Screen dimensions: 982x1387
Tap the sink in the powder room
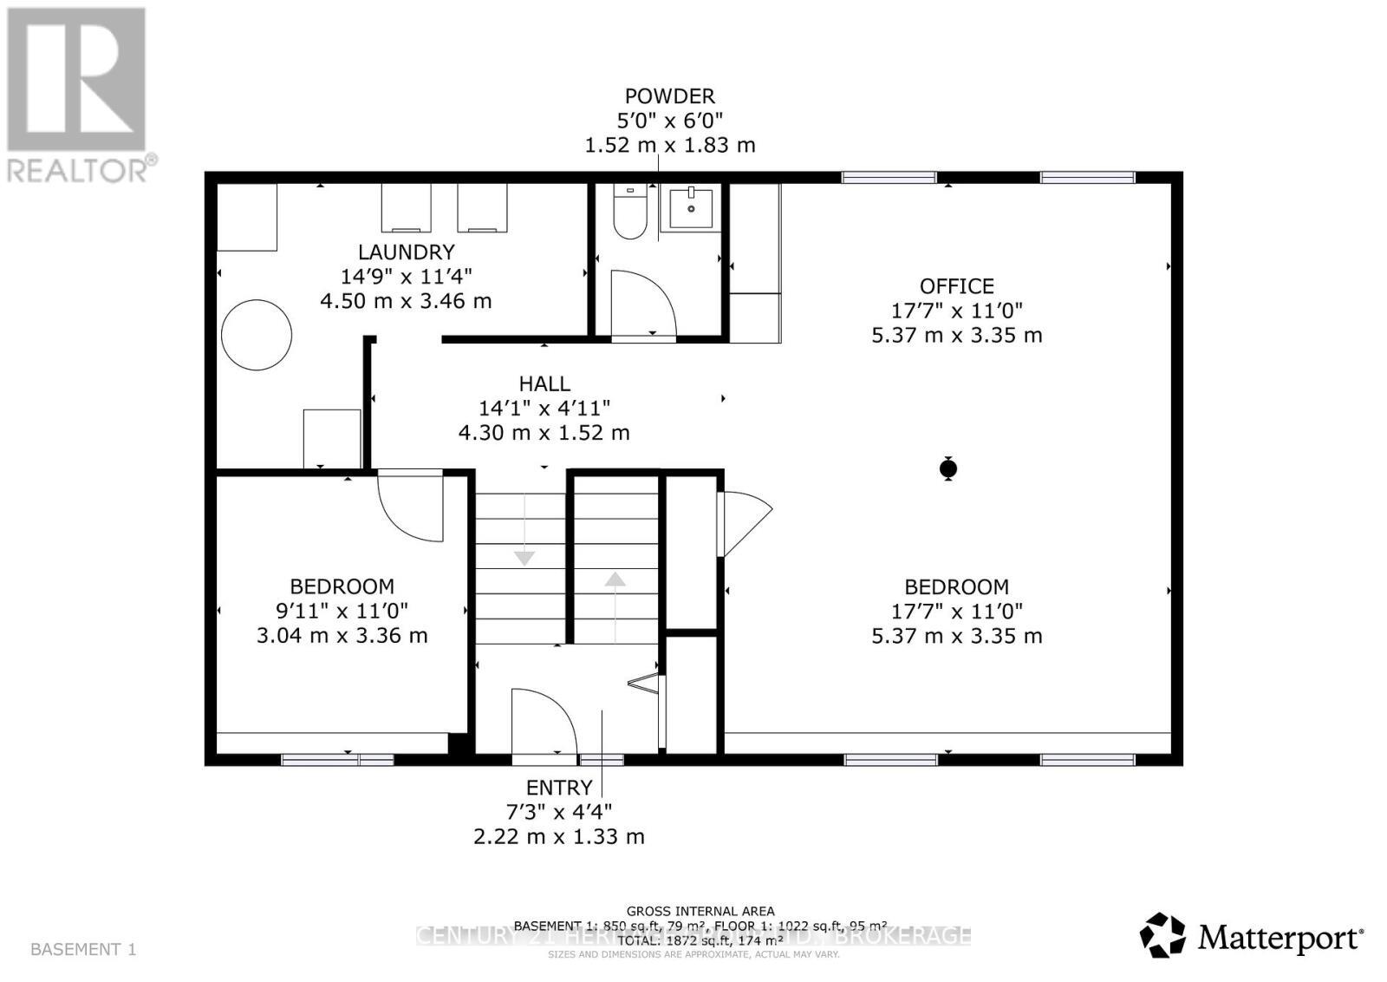coord(691,208)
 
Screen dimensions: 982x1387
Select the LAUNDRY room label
coord(406,252)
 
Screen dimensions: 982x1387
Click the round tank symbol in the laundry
coord(257,335)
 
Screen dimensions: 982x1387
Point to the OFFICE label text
coord(956,286)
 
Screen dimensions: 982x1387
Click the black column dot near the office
coord(948,469)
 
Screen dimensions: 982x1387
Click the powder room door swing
coord(642,304)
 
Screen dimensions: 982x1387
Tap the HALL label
coord(544,383)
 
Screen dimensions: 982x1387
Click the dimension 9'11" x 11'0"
coord(342,611)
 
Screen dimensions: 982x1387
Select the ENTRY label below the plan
coord(559,788)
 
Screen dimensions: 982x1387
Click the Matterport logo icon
coord(1162,935)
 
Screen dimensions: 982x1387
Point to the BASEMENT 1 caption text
coord(83,949)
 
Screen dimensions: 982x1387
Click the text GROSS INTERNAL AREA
coord(700,911)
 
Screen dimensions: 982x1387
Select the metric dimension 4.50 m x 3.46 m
coord(406,301)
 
